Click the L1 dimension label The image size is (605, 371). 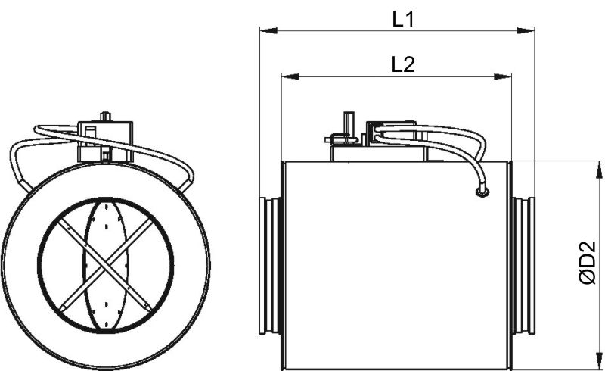pyautogui.click(x=403, y=20)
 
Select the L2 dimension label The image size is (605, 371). pyautogui.click(x=403, y=65)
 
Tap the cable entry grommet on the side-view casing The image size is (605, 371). pyautogui.click(x=481, y=193)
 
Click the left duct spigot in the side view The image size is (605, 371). pyautogui.click(x=270, y=265)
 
